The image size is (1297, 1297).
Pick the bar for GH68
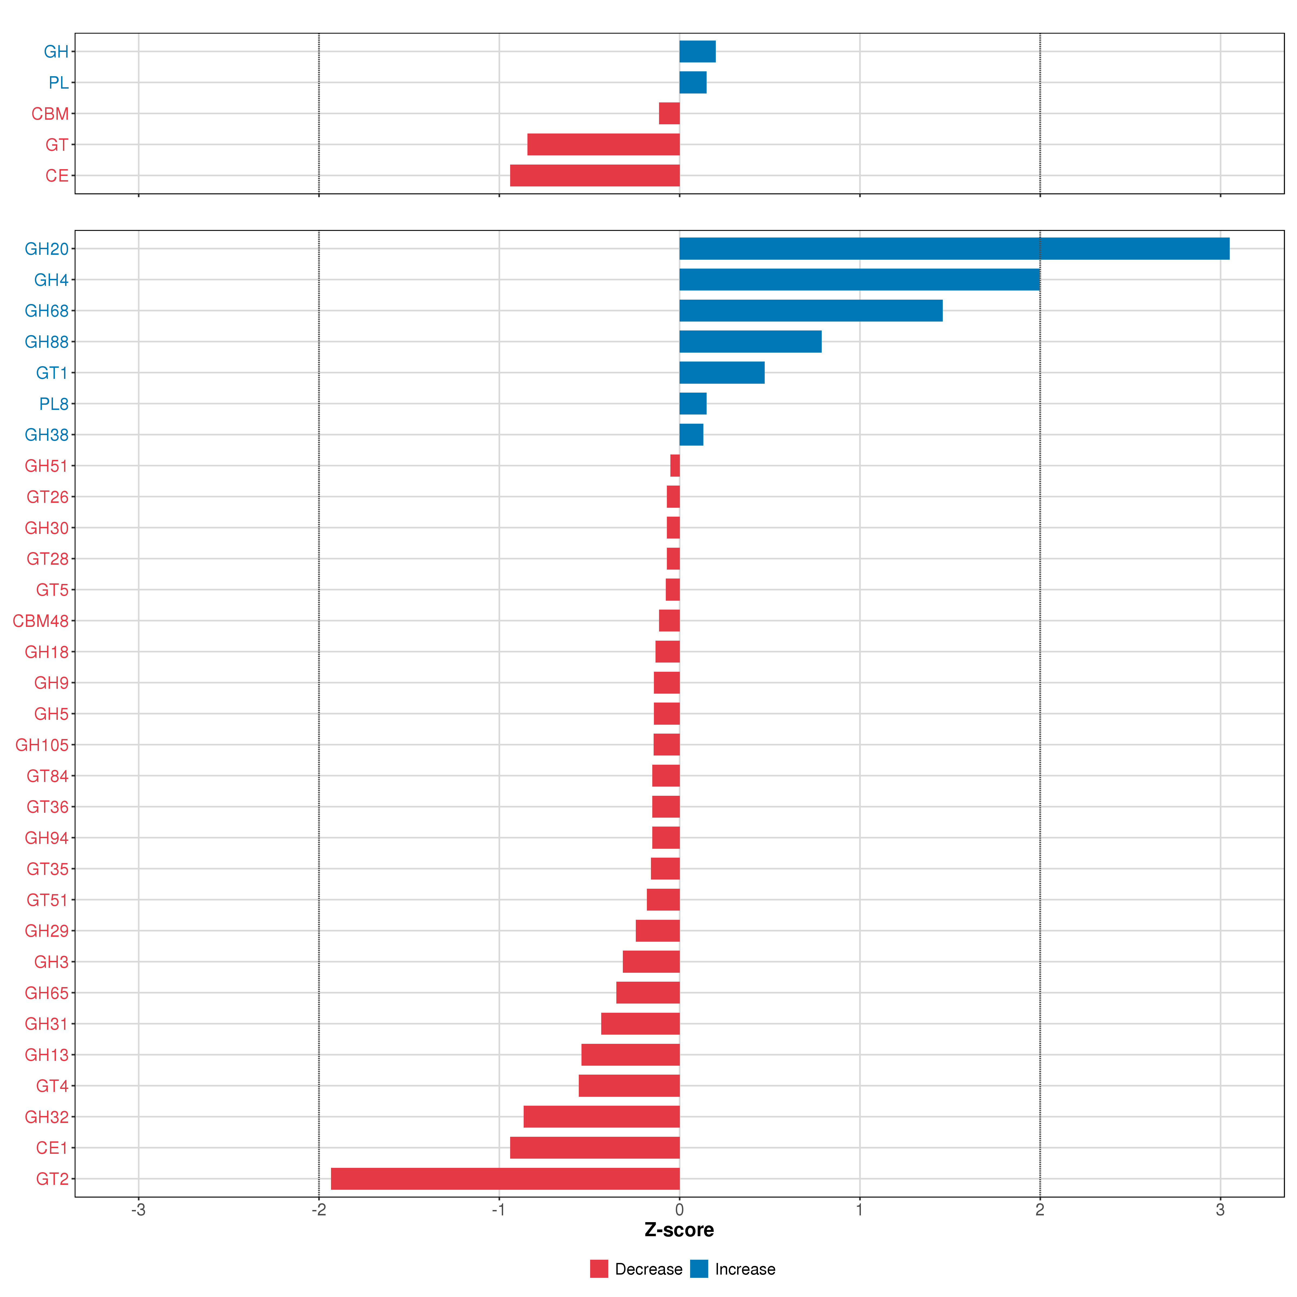pyautogui.click(x=811, y=311)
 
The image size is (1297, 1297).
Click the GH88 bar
pyautogui.click(x=751, y=342)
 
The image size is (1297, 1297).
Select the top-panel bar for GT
pyautogui.click(x=604, y=144)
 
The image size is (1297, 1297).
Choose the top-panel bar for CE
pyautogui.click(x=595, y=175)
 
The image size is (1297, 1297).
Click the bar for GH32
pyautogui.click(x=601, y=1117)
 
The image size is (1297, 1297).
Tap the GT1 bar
pyautogui.click(x=722, y=373)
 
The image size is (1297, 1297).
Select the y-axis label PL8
pyautogui.click(x=54, y=404)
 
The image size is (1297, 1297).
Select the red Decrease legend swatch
pyautogui.click(x=599, y=1269)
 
